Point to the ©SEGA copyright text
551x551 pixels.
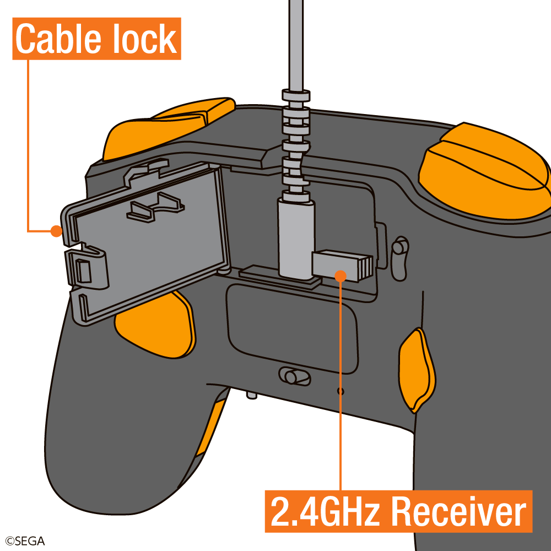pos(25,541)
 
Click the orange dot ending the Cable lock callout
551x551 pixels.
pos(56,231)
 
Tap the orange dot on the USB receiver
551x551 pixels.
pos(341,275)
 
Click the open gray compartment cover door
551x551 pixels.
pos(149,242)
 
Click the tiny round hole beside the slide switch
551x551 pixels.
pos(340,391)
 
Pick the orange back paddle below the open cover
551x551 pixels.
pos(157,328)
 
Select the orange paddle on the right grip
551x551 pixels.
pos(416,369)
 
